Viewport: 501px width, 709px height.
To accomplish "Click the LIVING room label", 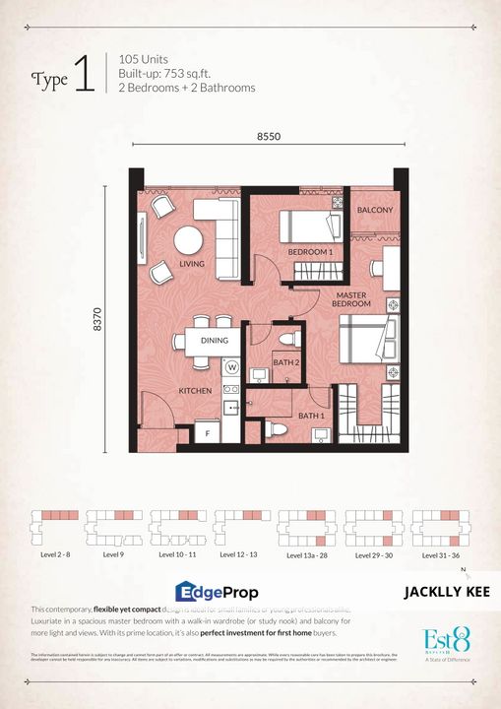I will click(191, 265).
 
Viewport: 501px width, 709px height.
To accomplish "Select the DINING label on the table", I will click(215, 341).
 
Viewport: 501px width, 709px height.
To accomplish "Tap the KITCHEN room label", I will click(195, 391).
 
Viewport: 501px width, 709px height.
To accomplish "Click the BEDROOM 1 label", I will click(310, 253).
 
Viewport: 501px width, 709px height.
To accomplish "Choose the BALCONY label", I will click(375, 211).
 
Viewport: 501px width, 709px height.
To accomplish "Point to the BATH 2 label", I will click(286, 363).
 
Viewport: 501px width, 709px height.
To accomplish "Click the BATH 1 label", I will click(312, 416).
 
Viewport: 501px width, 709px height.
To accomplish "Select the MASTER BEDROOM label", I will click(352, 300).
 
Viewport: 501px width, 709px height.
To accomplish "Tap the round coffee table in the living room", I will click(188, 240).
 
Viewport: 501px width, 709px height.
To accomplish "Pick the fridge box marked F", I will click(208, 432).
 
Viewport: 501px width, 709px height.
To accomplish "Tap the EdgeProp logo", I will click(217, 592).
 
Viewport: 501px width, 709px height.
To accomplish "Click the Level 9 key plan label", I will click(113, 555).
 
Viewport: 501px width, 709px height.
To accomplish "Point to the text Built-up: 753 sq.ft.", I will click(176, 73).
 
